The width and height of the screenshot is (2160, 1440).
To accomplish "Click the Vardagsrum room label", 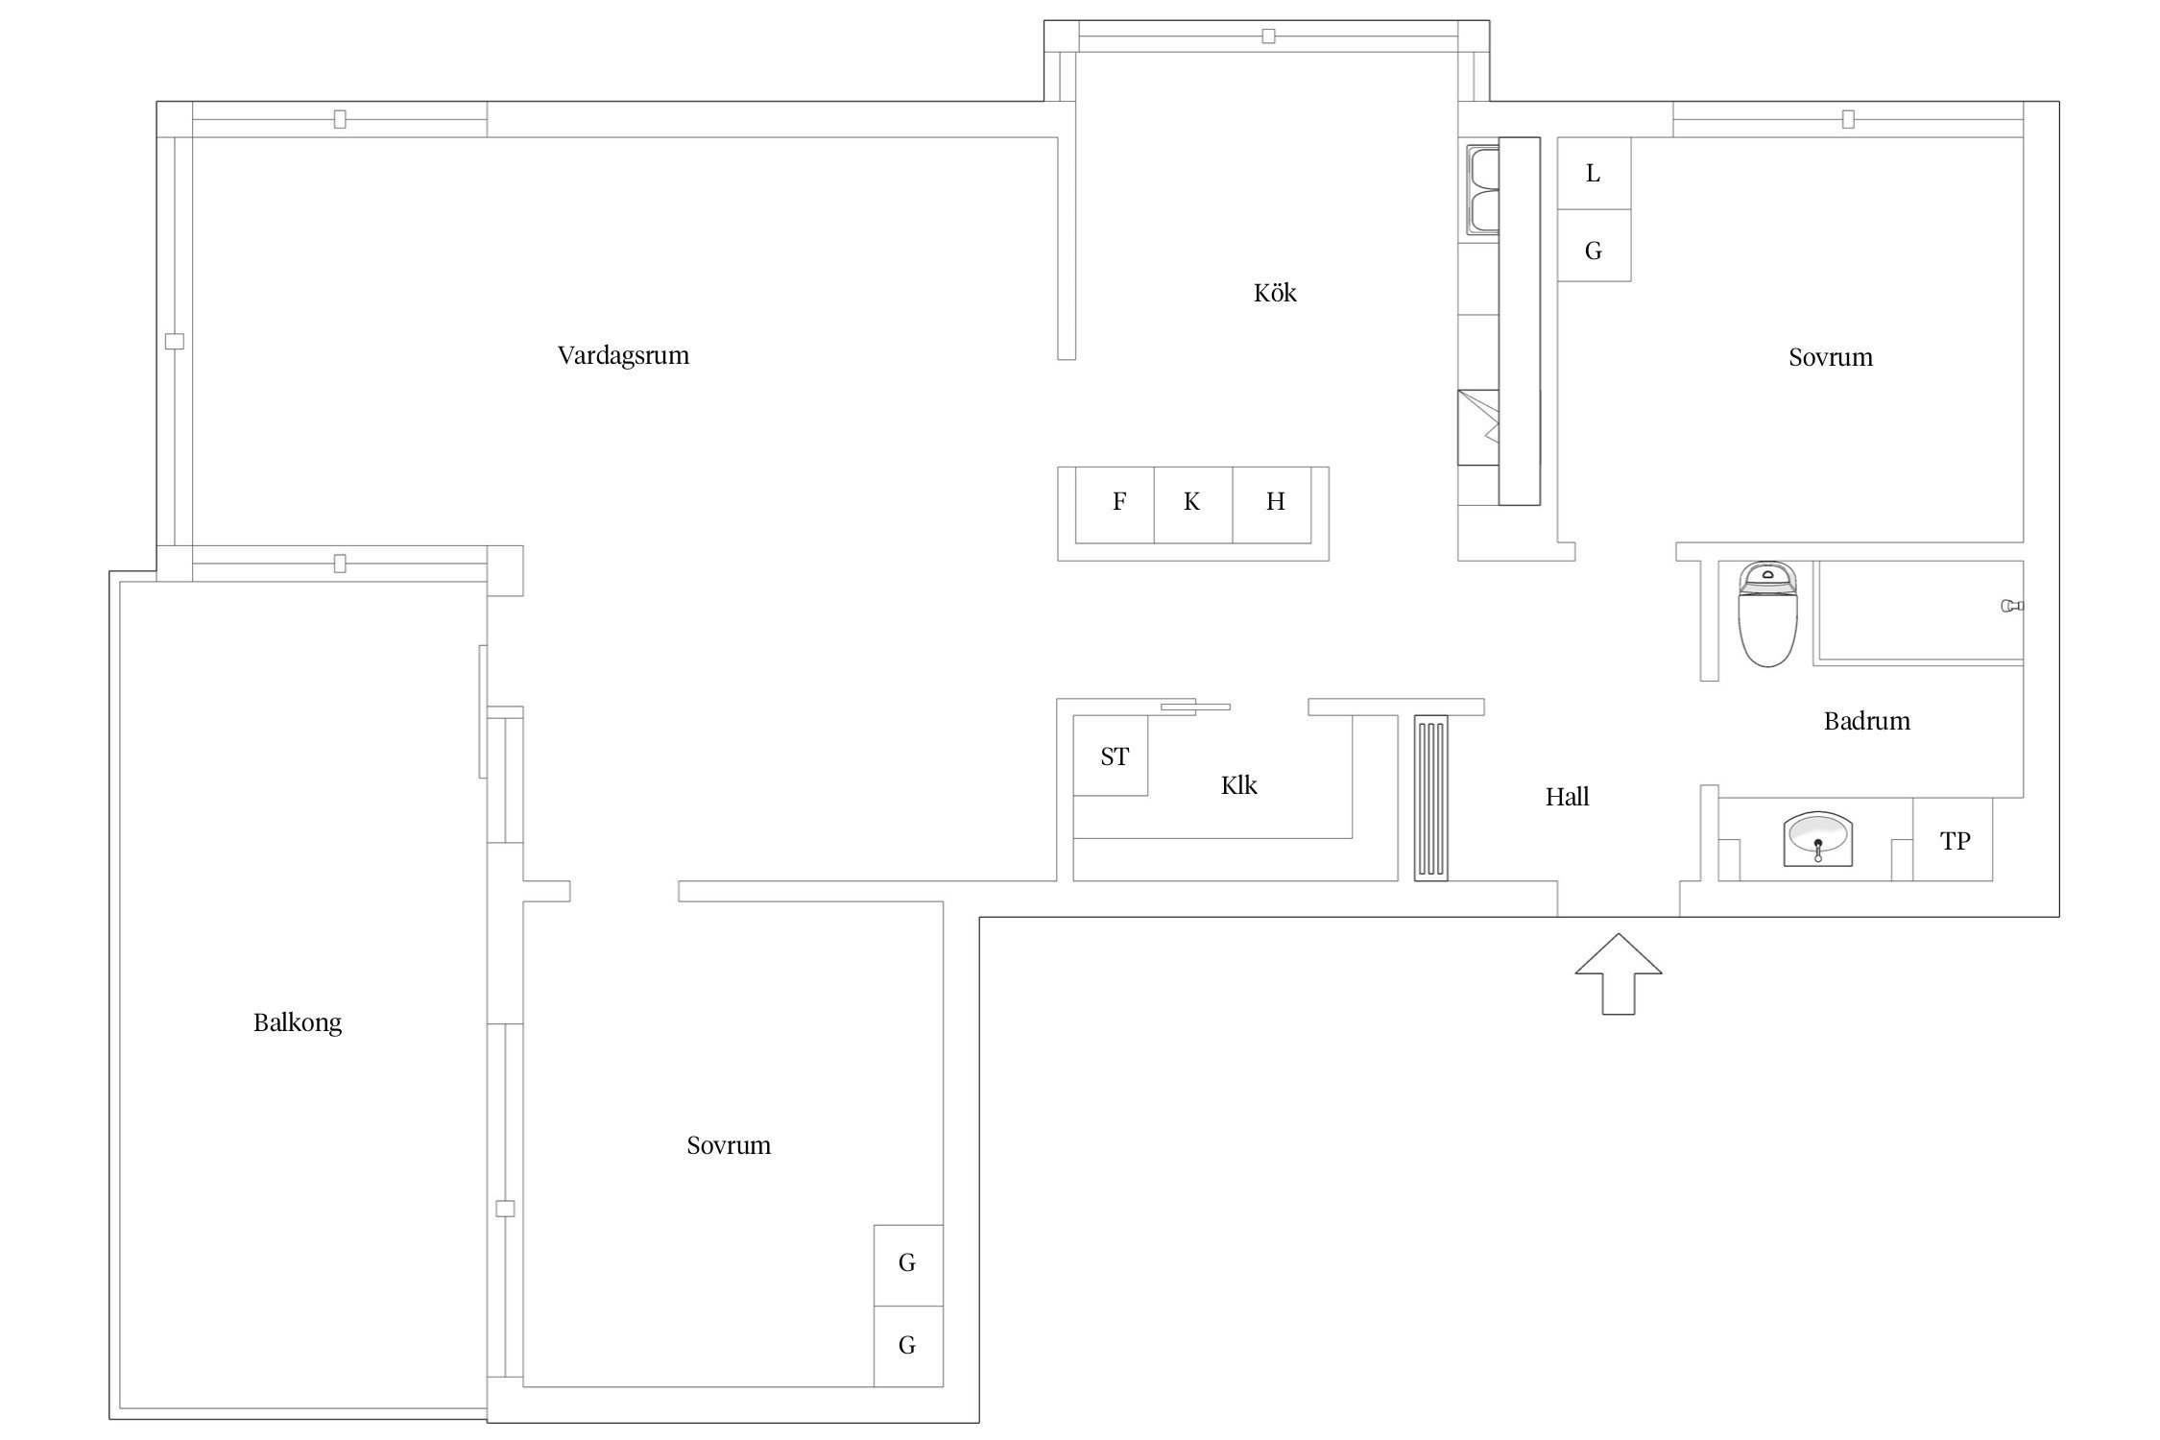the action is click(x=623, y=356).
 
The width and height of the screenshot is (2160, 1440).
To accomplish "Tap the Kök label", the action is click(x=1275, y=293).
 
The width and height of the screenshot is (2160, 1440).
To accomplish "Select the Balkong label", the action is click(x=298, y=1023).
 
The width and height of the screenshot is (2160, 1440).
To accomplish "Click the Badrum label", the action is click(x=1866, y=721).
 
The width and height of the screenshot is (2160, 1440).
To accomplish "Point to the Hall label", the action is click(x=1567, y=797).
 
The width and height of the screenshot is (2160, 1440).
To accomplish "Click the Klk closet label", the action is click(x=1238, y=785).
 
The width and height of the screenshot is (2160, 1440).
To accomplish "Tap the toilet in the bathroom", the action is click(x=1767, y=614).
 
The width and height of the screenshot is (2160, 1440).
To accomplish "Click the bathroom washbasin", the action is click(x=1818, y=839).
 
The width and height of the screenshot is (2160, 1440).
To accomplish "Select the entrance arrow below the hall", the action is click(x=1619, y=973).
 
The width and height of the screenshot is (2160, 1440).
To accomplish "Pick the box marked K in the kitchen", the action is click(x=1193, y=505).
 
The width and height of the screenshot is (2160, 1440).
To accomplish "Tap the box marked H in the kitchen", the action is click(x=1272, y=505).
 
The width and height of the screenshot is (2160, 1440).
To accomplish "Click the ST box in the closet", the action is click(x=1111, y=756).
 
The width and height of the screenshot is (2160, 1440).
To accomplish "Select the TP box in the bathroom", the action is click(x=1953, y=839).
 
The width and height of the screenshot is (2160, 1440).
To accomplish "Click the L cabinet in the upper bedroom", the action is click(x=1594, y=174).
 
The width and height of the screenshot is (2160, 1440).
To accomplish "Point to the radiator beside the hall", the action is click(x=1430, y=798).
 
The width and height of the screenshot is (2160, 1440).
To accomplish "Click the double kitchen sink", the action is click(x=1483, y=189).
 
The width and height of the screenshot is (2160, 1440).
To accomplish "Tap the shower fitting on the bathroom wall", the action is click(x=2012, y=606).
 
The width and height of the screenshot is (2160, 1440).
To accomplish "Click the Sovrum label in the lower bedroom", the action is click(x=729, y=1145).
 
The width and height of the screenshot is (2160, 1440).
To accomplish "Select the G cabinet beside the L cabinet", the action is click(x=1594, y=246).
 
